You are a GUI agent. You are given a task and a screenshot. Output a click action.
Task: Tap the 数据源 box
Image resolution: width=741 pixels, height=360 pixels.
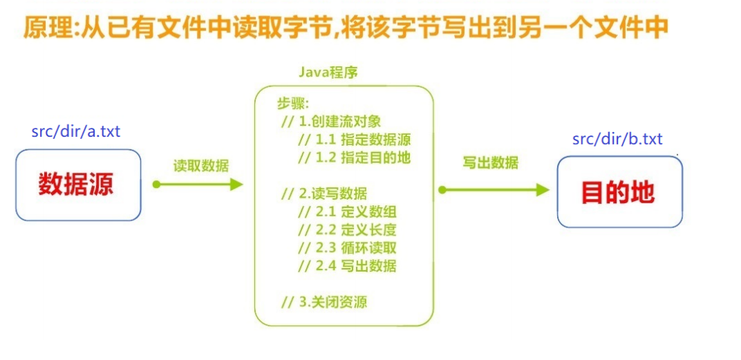pyautogui.click(x=78, y=185)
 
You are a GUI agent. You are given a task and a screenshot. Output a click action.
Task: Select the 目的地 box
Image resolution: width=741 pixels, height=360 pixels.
pyautogui.click(x=619, y=192)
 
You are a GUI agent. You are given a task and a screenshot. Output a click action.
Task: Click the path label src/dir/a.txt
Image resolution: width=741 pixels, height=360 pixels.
pyautogui.click(x=76, y=131)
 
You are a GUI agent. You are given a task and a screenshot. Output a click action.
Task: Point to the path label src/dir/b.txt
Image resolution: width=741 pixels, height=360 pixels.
pyautogui.click(x=617, y=139)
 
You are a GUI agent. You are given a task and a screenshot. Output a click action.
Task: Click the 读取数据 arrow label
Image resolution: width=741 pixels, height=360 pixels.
pyautogui.click(x=200, y=166)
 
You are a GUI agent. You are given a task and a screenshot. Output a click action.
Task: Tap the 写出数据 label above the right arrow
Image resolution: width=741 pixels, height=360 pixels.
pyautogui.click(x=490, y=164)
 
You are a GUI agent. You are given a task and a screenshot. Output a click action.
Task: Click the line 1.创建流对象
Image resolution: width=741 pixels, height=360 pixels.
pyautogui.click(x=330, y=122)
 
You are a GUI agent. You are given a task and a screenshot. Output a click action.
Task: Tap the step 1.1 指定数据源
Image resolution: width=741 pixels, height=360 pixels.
pyautogui.click(x=354, y=140)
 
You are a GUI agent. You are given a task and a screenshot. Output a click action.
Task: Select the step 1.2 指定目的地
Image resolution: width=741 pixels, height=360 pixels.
pyautogui.click(x=354, y=158)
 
